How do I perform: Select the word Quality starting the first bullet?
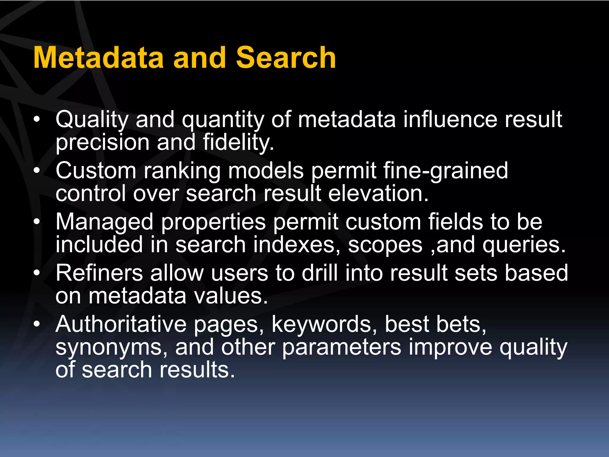[x=92, y=120]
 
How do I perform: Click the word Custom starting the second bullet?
[x=96, y=171]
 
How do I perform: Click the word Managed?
[x=104, y=222]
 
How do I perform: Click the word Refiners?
[x=99, y=273]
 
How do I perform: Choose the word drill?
[x=320, y=273]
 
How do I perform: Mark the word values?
[x=231, y=296]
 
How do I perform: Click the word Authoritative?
[x=121, y=324]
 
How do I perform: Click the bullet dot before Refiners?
[x=37, y=273]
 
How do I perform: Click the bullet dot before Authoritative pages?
[x=37, y=324]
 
